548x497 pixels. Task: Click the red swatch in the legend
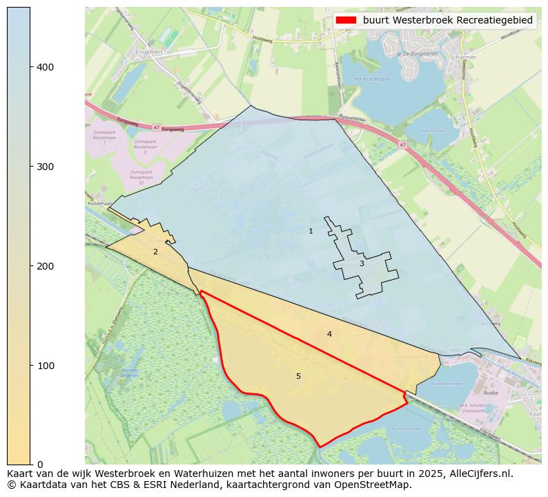[346, 20]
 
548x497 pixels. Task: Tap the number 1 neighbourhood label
[311, 231]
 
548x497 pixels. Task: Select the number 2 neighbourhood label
[155, 252]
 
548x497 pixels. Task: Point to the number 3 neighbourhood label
[361, 263]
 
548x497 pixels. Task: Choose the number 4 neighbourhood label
[329, 334]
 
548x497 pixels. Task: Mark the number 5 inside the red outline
[298, 376]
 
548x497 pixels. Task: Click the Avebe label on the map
[491, 393]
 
